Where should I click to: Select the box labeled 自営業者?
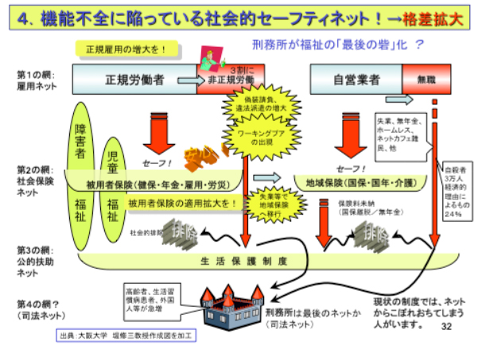355,79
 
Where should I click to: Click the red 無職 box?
418,79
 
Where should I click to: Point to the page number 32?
446,326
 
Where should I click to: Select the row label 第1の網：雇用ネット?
32,79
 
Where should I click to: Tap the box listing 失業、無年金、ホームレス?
404,133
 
